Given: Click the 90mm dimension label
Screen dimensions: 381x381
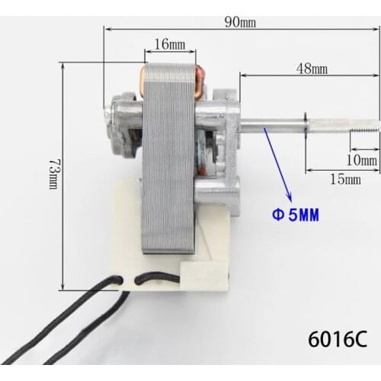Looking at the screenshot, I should tap(240, 21).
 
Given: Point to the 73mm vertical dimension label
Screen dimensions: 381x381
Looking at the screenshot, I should tap(53, 174).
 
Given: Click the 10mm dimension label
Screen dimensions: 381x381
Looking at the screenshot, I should tap(361, 160).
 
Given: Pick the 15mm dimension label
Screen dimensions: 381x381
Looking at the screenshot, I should tap(345, 180).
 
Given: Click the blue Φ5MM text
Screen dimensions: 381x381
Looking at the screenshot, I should tap(294, 215).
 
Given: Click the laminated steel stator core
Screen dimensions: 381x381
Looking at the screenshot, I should tap(168, 168).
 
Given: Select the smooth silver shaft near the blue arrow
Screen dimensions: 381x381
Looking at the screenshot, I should tap(267, 120).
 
